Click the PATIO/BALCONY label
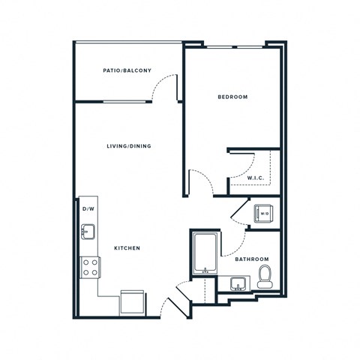click(127, 71)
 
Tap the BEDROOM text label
click(232, 97)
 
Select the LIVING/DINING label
click(129, 146)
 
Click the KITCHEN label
click(126, 248)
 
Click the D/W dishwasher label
click(88, 208)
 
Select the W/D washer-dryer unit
click(263, 214)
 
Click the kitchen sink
click(87, 232)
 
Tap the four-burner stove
click(90, 267)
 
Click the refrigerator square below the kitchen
click(132, 302)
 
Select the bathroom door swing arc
click(236, 241)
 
